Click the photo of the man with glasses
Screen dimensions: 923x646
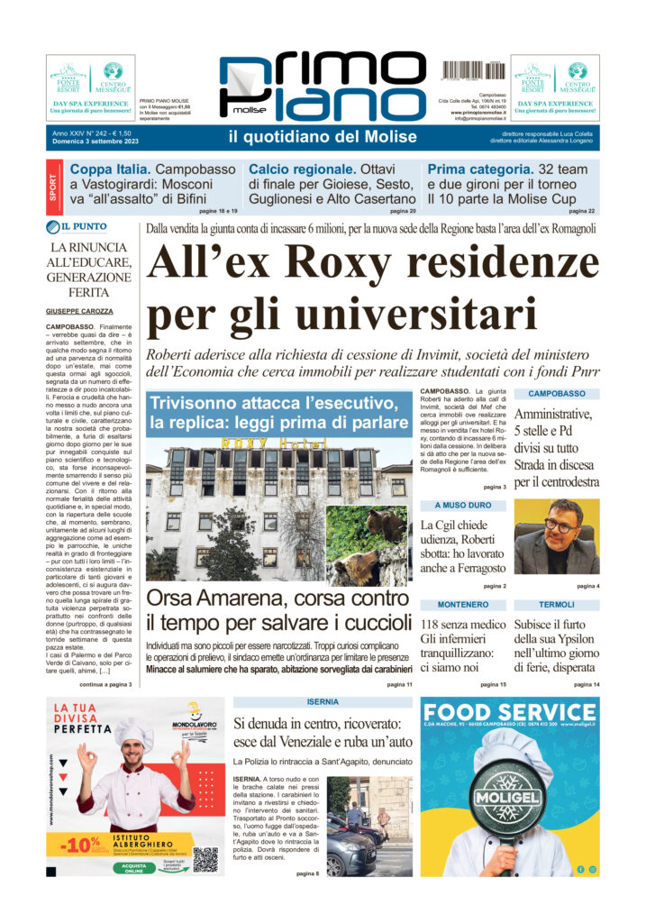tap(557, 537)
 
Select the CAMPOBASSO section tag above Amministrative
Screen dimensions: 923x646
tap(556, 394)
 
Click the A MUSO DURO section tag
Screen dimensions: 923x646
tap(463, 506)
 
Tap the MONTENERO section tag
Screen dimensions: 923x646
tap(463, 603)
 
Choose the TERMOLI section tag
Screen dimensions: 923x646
tap(556, 603)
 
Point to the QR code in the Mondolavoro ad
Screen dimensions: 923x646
tap(205, 858)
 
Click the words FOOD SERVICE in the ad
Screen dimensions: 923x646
tap(510, 711)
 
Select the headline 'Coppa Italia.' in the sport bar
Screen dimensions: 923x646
tap(111, 169)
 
